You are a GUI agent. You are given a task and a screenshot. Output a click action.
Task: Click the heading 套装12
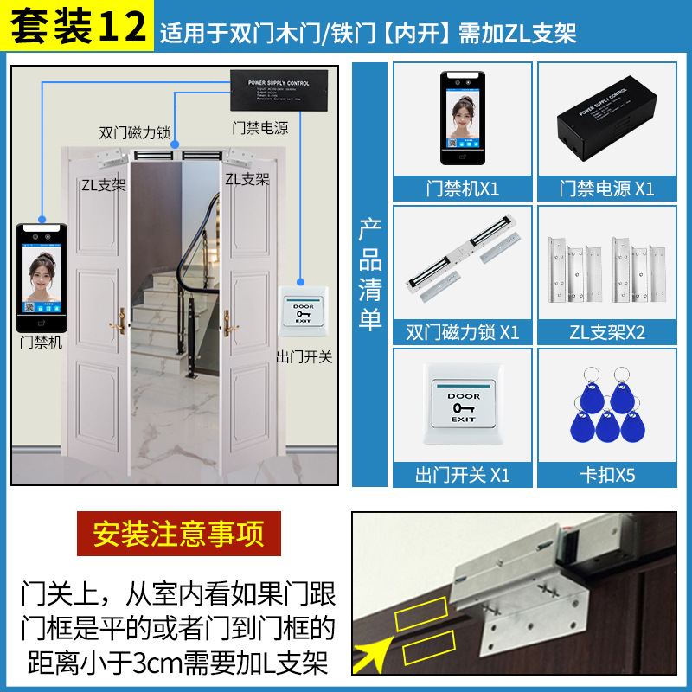pyautogui.click(x=78, y=28)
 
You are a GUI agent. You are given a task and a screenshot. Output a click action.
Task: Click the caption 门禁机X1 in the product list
pyautogui.click(x=463, y=189)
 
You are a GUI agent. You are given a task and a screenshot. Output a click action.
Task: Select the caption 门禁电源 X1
pyautogui.click(x=606, y=189)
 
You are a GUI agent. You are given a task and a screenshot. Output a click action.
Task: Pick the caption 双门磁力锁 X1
pyautogui.click(x=463, y=332)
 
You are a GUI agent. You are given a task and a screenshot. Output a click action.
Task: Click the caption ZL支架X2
pyautogui.click(x=606, y=332)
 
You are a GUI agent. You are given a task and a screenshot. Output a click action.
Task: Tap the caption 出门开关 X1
pyautogui.click(x=463, y=475)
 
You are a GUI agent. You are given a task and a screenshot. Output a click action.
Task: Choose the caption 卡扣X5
pyautogui.click(x=606, y=475)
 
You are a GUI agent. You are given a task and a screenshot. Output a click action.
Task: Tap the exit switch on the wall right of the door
pyautogui.click(x=302, y=313)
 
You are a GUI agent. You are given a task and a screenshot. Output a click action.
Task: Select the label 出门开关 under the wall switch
pyautogui.click(x=304, y=356)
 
